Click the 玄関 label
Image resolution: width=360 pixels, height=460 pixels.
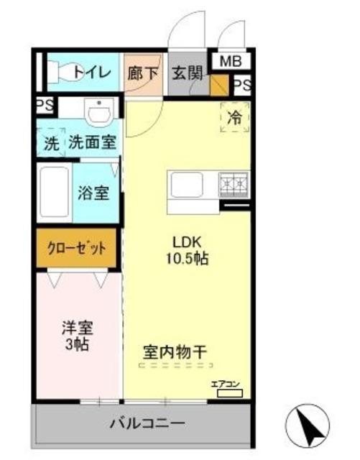click(x=185, y=72)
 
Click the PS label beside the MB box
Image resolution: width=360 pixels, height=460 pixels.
click(x=242, y=85)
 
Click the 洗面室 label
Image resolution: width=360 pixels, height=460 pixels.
click(x=92, y=142)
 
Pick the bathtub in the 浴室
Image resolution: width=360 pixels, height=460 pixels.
click(x=53, y=194)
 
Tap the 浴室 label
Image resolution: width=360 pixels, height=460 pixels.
click(x=93, y=193)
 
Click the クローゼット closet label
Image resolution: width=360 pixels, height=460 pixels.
click(x=76, y=249)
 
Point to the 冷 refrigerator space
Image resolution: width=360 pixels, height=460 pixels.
click(x=234, y=116)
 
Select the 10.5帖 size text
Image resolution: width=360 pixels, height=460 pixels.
click(x=189, y=257)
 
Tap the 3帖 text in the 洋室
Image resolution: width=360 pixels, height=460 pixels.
click(x=76, y=344)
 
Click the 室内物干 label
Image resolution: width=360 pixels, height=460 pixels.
click(x=174, y=352)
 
